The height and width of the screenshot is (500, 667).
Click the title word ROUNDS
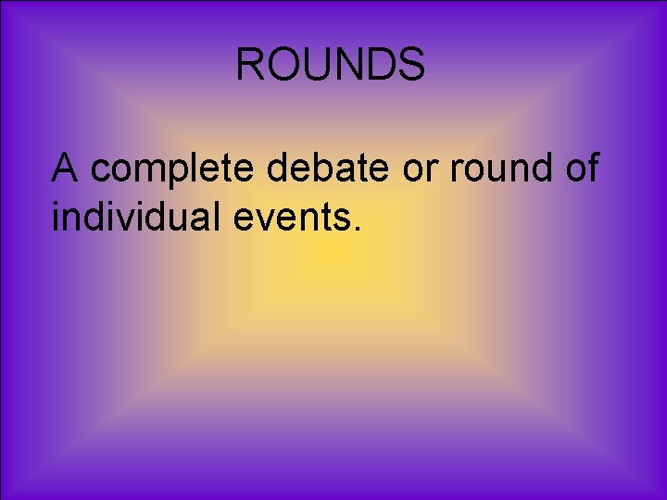coord(331,65)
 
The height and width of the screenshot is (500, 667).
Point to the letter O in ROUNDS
coord(282,65)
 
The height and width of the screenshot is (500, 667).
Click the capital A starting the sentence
coord(65,169)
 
